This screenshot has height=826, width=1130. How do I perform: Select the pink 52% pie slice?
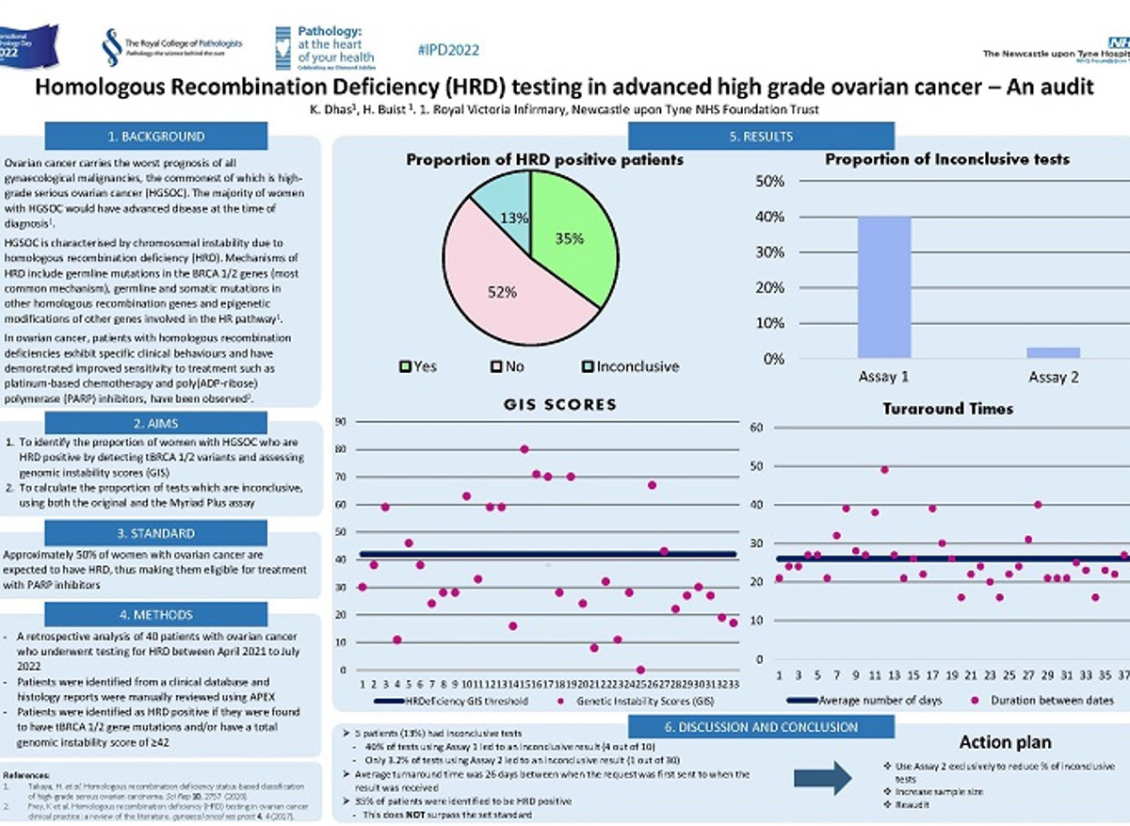point(499,283)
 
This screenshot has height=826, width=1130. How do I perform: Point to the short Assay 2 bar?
point(1053,352)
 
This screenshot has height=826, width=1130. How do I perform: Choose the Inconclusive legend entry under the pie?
point(630,366)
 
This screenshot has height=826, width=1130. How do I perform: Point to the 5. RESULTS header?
point(760,137)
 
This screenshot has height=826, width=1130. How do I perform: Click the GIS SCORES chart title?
point(559,405)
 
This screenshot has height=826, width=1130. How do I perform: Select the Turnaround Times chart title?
point(949,408)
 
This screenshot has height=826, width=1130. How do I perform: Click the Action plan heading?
point(1007,742)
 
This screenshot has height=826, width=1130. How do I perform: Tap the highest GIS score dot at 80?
point(525,449)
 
